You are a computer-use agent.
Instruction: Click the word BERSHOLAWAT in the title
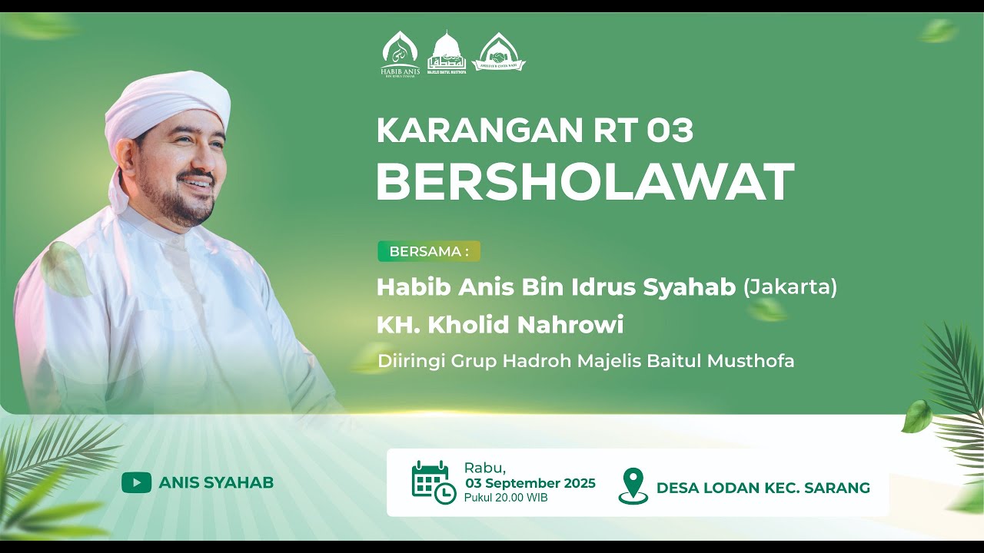584,183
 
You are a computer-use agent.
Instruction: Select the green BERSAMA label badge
428,251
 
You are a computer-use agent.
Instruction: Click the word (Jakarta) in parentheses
790,288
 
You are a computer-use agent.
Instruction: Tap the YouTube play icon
136,482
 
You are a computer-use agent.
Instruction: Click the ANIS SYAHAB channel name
216,482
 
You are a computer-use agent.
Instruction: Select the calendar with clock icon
433,482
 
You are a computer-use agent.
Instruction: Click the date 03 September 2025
530,483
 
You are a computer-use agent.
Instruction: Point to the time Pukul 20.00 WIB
506,498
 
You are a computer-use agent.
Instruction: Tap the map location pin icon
633,485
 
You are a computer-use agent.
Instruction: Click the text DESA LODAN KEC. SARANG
763,488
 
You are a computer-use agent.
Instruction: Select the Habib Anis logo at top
400,55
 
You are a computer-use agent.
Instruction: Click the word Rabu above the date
484,468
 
